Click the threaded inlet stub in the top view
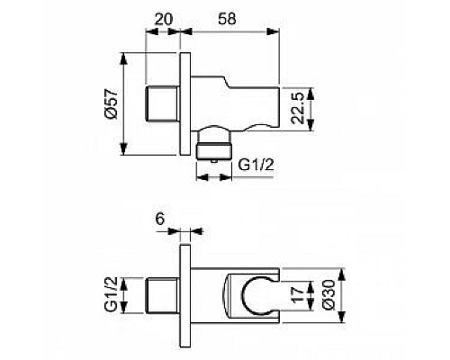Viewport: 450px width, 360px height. click(164, 104)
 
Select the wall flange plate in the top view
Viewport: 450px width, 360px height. click(186, 104)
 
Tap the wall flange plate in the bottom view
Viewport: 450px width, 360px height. click(186, 293)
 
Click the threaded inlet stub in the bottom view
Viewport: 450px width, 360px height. click(164, 294)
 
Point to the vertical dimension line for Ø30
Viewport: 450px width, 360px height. click(340, 294)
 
